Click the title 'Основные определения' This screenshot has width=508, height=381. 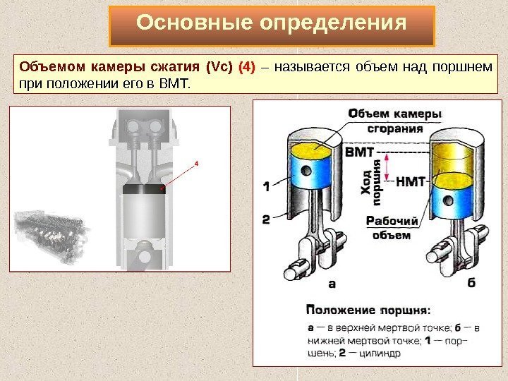point(272,24)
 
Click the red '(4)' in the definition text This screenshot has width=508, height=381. point(247,68)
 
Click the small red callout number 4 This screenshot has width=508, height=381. point(197,163)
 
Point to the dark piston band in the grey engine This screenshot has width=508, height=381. point(143,189)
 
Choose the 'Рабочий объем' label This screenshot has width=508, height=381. point(392,227)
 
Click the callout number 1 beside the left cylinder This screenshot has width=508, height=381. point(266,187)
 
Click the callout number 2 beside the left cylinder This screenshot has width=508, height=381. point(266,219)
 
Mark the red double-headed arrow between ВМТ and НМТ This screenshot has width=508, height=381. point(385,167)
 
